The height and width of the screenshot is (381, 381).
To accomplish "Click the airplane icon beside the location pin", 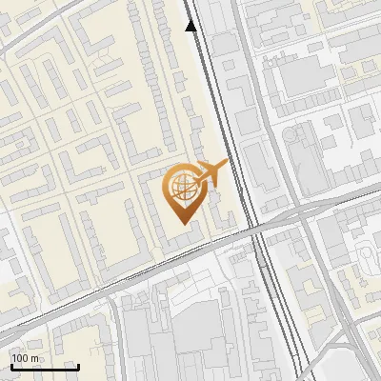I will [211, 172].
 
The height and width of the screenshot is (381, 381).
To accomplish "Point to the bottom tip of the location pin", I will [185, 224].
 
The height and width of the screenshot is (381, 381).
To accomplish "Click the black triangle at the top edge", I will [191, 26].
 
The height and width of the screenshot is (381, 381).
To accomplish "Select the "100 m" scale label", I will [25, 358].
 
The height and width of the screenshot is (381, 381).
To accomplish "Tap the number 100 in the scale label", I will [20, 358].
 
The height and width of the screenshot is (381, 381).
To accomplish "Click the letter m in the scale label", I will [34, 358].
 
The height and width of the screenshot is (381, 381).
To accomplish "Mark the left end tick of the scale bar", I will [11, 366].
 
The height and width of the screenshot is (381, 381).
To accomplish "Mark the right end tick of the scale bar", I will [78, 366].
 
